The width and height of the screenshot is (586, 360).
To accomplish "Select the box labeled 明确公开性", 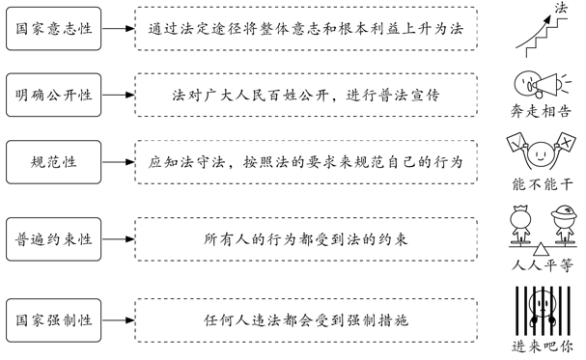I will click(54, 95).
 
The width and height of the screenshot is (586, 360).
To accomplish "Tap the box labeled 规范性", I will click(54, 160).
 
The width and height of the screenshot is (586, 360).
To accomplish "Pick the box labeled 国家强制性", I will click(54, 318).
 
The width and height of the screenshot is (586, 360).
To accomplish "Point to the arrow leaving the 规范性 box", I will click(118, 160).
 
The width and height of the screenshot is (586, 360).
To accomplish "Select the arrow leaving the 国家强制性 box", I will click(118, 318).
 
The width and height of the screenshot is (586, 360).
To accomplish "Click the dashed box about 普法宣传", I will click(306, 95).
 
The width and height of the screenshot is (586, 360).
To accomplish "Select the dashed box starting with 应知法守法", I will click(306, 160).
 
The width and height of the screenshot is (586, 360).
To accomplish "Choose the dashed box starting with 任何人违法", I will click(306, 318).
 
